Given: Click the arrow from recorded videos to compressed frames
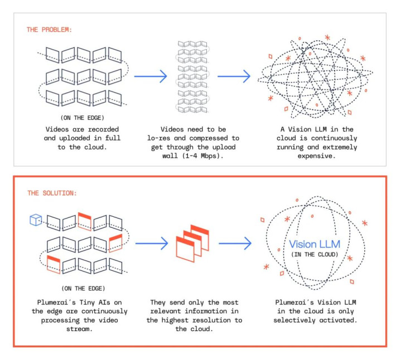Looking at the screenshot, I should [x=151, y=76].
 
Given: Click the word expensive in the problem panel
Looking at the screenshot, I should [x=319, y=156].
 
